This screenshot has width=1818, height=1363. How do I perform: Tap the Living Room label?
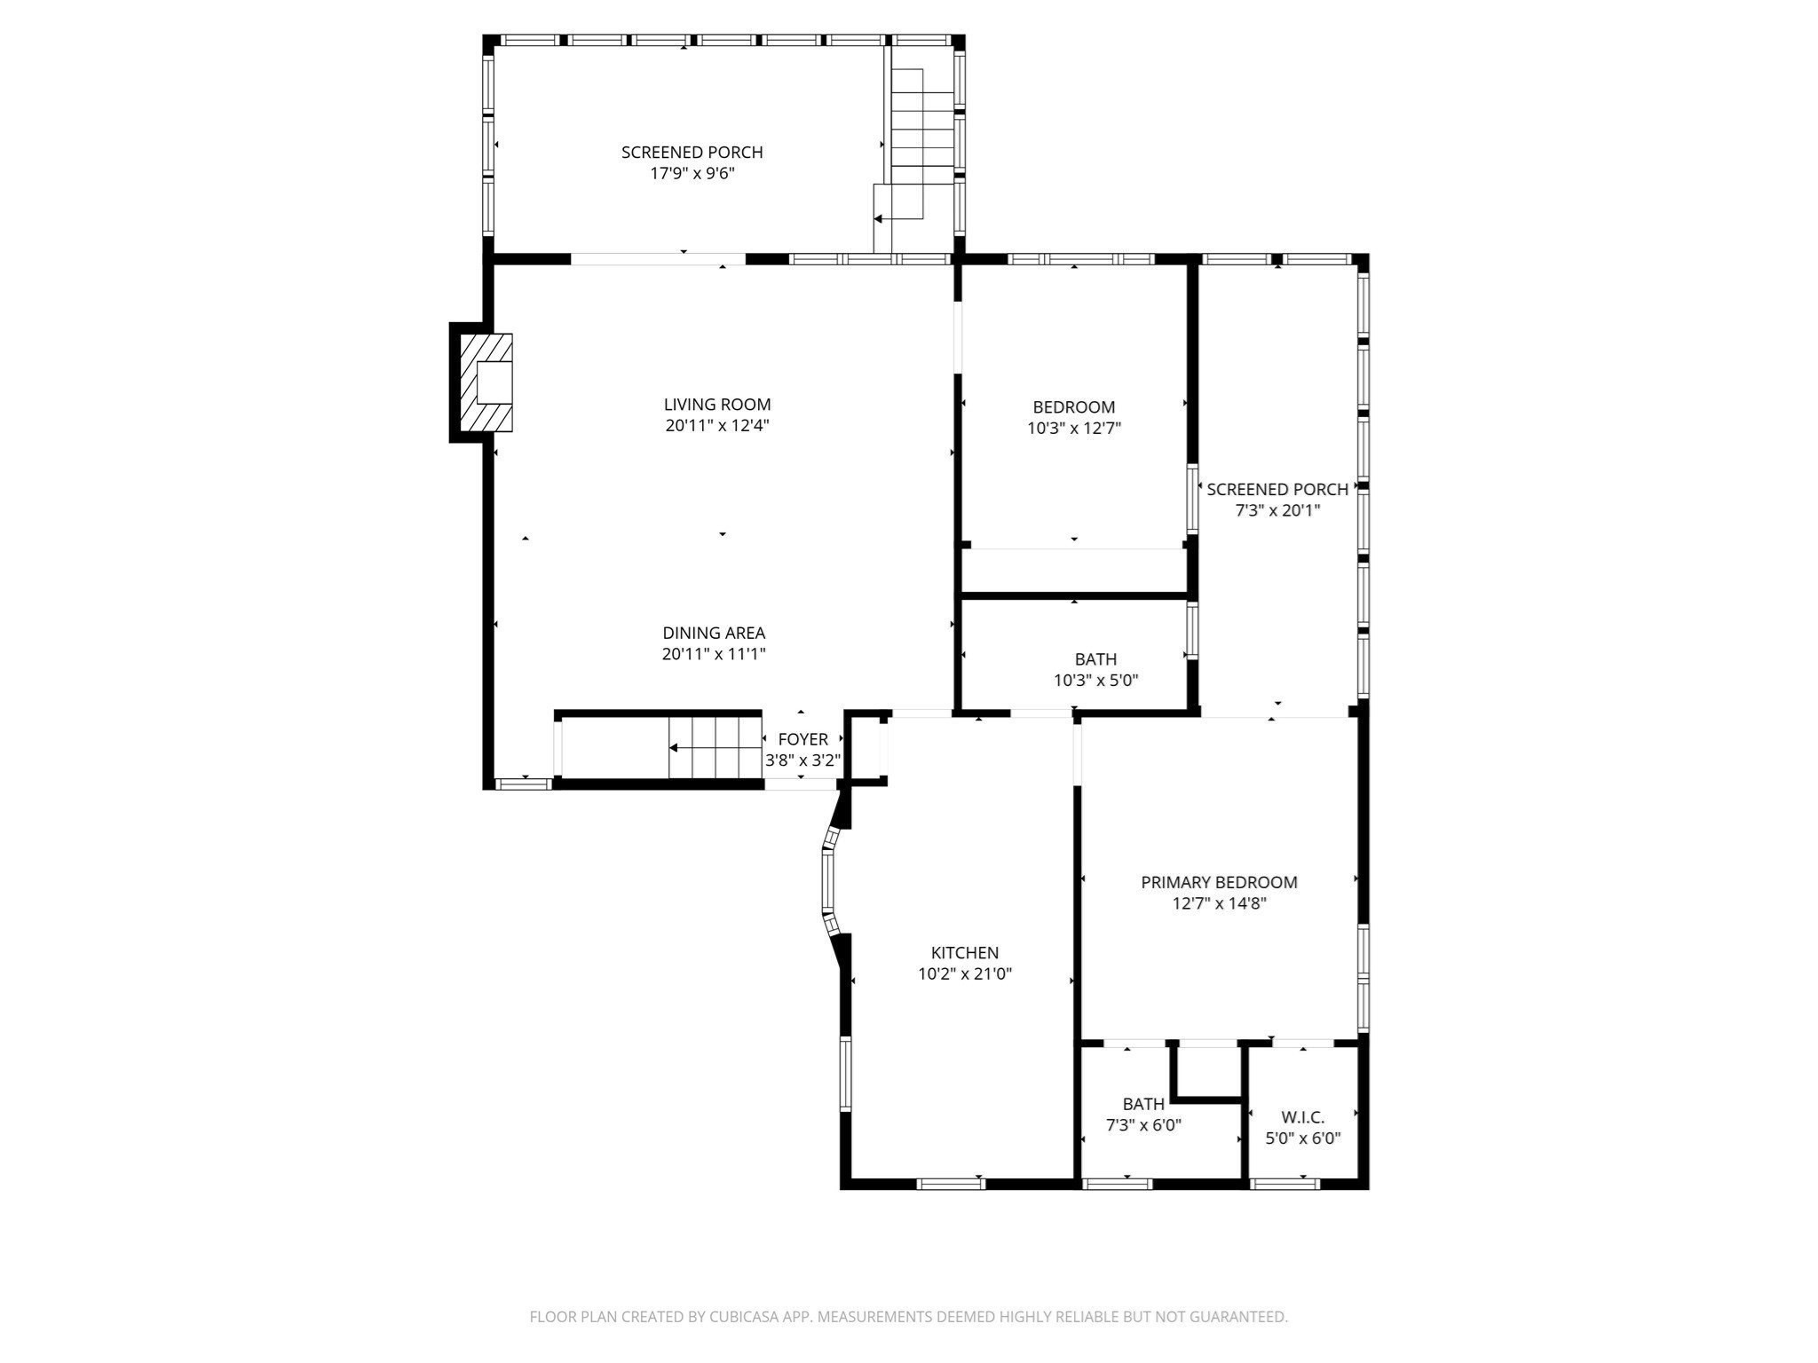717,405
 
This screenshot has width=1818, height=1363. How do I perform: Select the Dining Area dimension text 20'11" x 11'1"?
714,654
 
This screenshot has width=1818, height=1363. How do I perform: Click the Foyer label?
802,739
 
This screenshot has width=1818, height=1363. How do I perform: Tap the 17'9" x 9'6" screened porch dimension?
692,173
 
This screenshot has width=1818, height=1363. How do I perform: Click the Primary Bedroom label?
1219,882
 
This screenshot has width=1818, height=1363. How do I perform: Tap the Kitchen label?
965,953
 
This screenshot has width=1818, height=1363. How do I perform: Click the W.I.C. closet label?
1302,1117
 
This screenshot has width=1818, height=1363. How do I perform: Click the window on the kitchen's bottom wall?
951,1183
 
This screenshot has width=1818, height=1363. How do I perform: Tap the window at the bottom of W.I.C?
1284,1183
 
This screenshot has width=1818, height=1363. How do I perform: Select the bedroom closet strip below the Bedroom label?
1074,570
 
